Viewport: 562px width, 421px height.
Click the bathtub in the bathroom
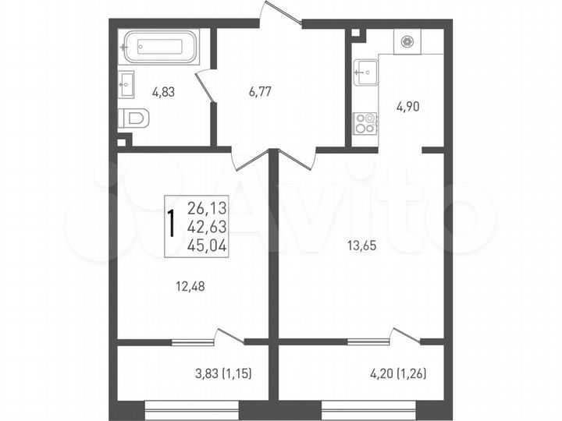pos(161,46)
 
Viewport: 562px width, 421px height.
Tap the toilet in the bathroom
pos(134,119)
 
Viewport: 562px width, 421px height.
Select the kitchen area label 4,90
pos(407,108)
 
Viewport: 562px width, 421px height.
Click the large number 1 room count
pos(171,222)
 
